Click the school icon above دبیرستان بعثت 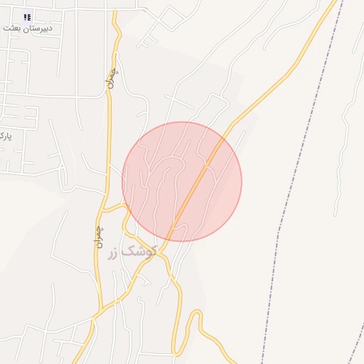(x=27, y=17)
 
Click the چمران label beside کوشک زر (x=98, y=236)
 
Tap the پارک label (x=5, y=135)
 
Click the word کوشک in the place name (x=141, y=251)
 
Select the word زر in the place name (x=114, y=253)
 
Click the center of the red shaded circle (x=182, y=182)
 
